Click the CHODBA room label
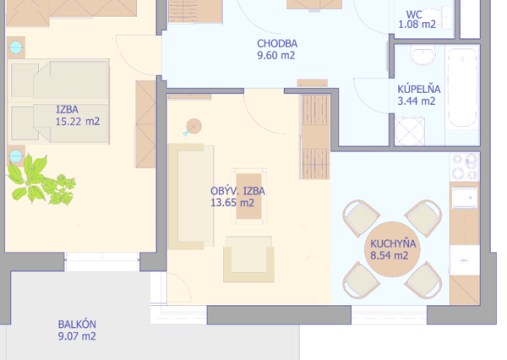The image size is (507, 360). click(x=277, y=44)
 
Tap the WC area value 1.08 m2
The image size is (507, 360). click(x=417, y=25)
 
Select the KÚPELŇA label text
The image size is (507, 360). click(x=419, y=89)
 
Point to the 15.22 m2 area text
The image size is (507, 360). click(x=78, y=122)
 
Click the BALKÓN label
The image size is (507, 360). click(x=77, y=325)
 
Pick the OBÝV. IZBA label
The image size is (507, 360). click(x=237, y=191)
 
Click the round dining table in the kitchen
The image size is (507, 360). click(x=392, y=249)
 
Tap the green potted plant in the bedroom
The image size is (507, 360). click(x=41, y=181)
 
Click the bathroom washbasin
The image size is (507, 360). click(x=422, y=55)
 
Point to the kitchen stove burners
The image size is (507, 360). click(x=465, y=166)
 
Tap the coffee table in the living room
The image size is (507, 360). click(x=248, y=196)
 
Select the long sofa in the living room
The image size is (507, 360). click(x=191, y=197)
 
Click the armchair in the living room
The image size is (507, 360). click(x=248, y=259)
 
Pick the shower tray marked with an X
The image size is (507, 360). click(x=409, y=132)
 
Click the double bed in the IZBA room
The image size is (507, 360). click(x=59, y=101)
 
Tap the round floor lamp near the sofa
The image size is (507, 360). click(x=194, y=127)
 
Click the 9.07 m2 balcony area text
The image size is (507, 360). click(x=77, y=336)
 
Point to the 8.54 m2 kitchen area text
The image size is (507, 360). click(x=390, y=255)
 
